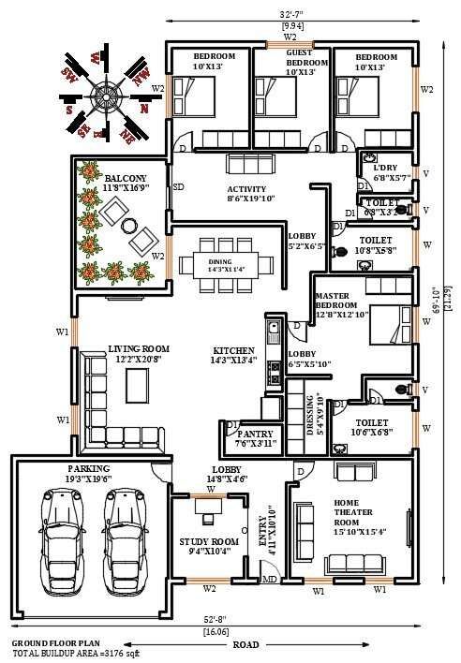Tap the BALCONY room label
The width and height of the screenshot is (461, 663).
(x=125, y=177)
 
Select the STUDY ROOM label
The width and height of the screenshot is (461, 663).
(x=209, y=541)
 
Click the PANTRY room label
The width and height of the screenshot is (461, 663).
(x=255, y=435)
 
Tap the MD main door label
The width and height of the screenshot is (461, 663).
(x=269, y=580)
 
